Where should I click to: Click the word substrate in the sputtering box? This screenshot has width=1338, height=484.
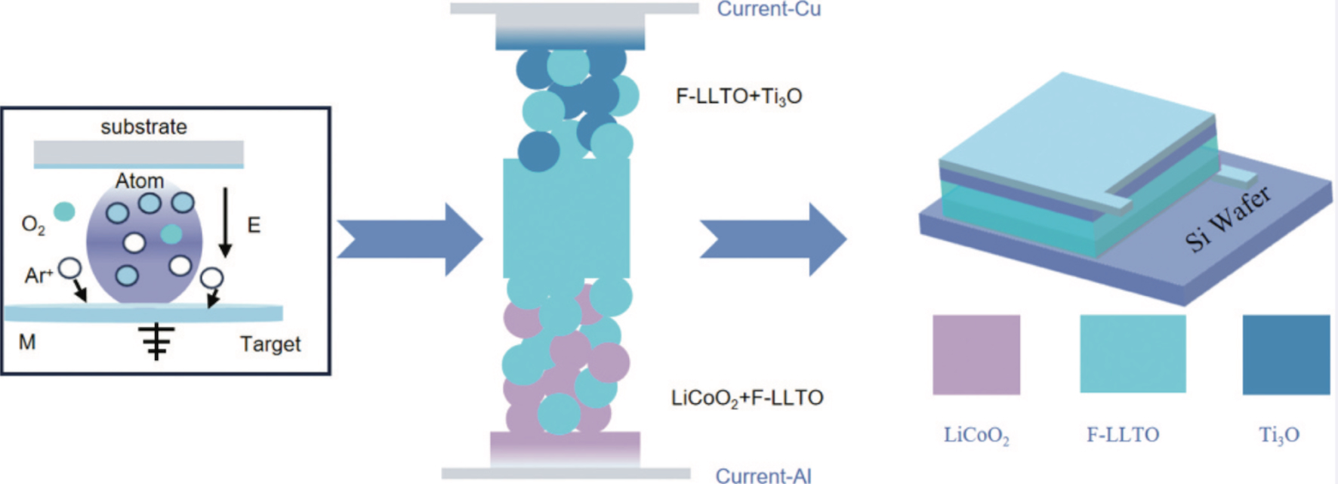click(143, 126)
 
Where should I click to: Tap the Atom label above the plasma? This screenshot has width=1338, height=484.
click(140, 181)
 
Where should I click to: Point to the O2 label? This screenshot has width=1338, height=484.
click(33, 224)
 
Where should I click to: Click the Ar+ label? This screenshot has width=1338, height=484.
click(39, 275)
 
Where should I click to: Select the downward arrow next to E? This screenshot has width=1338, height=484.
click(225, 223)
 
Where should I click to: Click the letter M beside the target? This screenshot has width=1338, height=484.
click(27, 343)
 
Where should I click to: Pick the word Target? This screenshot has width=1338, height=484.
click(270, 344)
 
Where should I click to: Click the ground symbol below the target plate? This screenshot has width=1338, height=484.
click(156, 342)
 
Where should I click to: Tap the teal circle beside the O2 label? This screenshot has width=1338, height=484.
click(65, 211)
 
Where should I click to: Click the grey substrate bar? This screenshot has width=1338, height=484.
click(139, 153)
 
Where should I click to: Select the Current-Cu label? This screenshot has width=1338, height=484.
click(769, 9)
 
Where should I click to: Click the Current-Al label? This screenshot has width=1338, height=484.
click(763, 476)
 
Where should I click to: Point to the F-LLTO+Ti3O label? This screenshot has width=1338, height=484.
click(738, 97)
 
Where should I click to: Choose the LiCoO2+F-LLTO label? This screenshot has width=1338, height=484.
click(747, 398)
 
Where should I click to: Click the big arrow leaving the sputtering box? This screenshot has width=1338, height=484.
click(409, 239)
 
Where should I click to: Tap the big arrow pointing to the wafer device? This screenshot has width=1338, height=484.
click(773, 239)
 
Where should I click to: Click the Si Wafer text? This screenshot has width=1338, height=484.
click(1228, 219)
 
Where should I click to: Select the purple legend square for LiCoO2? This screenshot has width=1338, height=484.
click(976, 355)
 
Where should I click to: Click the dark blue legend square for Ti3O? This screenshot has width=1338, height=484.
click(1287, 355)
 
